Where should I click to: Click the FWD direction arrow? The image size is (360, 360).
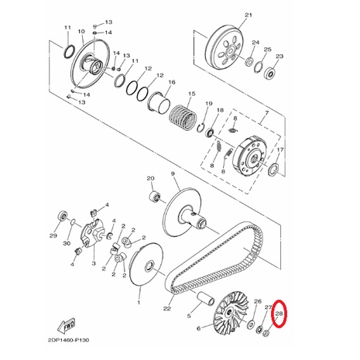coord(67,325)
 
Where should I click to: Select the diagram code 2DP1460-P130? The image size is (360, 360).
coord(68,341)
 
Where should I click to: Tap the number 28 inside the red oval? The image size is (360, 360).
coord(279,314)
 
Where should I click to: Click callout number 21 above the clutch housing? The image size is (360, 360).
coord(249,15)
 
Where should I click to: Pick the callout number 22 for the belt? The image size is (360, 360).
coord(167,309)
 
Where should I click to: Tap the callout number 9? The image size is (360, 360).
coord(173,174)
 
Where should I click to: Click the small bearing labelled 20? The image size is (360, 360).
coord(155,197)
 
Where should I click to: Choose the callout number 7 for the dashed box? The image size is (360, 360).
coord(267,113)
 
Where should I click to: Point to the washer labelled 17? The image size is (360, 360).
coord(273,170)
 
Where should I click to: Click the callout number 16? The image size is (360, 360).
coord(172,82)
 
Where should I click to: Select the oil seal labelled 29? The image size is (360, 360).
coord(62,215)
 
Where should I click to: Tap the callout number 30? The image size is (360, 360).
coord(67,243)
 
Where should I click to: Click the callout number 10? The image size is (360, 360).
coord(81,31)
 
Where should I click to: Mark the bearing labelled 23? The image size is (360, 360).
coord(269,73)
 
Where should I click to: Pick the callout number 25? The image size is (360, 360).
coord(267,49)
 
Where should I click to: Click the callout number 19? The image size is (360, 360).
coord(209,104)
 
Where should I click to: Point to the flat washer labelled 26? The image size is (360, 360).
coord(251,323)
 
